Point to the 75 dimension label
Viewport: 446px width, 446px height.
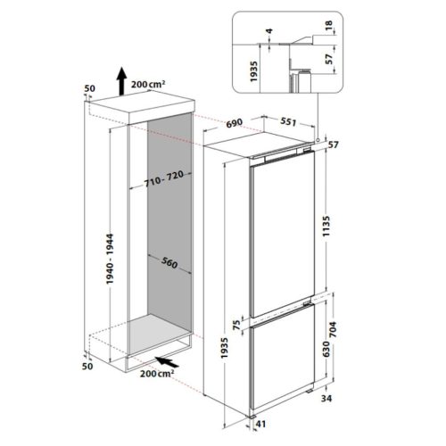pos(236,326)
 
